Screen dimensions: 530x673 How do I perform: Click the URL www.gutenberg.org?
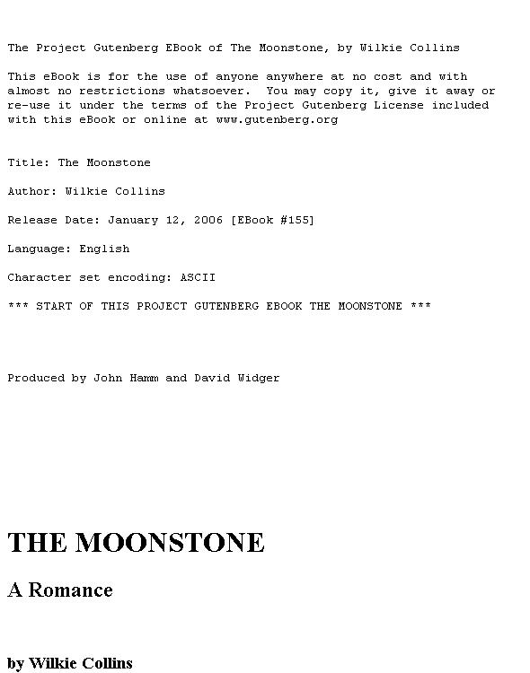[x=277, y=119]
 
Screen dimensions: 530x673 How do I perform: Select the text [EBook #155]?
[x=273, y=220]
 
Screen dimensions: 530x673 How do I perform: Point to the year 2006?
[x=208, y=220]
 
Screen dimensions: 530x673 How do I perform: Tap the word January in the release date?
[x=133, y=220]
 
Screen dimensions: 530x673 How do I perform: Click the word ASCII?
[x=198, y=277]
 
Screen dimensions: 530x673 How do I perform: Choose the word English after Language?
[x=104, y=249]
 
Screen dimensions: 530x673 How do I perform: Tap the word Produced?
[x=36, y=378]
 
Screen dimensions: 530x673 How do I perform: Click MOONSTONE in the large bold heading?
[x=170, y=543]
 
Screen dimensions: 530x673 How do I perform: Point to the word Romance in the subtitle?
[x=70, y=590]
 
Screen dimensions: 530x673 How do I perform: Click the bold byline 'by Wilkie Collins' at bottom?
[x=70, y=663]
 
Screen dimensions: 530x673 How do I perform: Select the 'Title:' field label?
[x=29, y=162]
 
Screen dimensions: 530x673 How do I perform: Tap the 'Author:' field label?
[x=32, y=191]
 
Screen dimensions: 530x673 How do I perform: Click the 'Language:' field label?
[x=40, y=249]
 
